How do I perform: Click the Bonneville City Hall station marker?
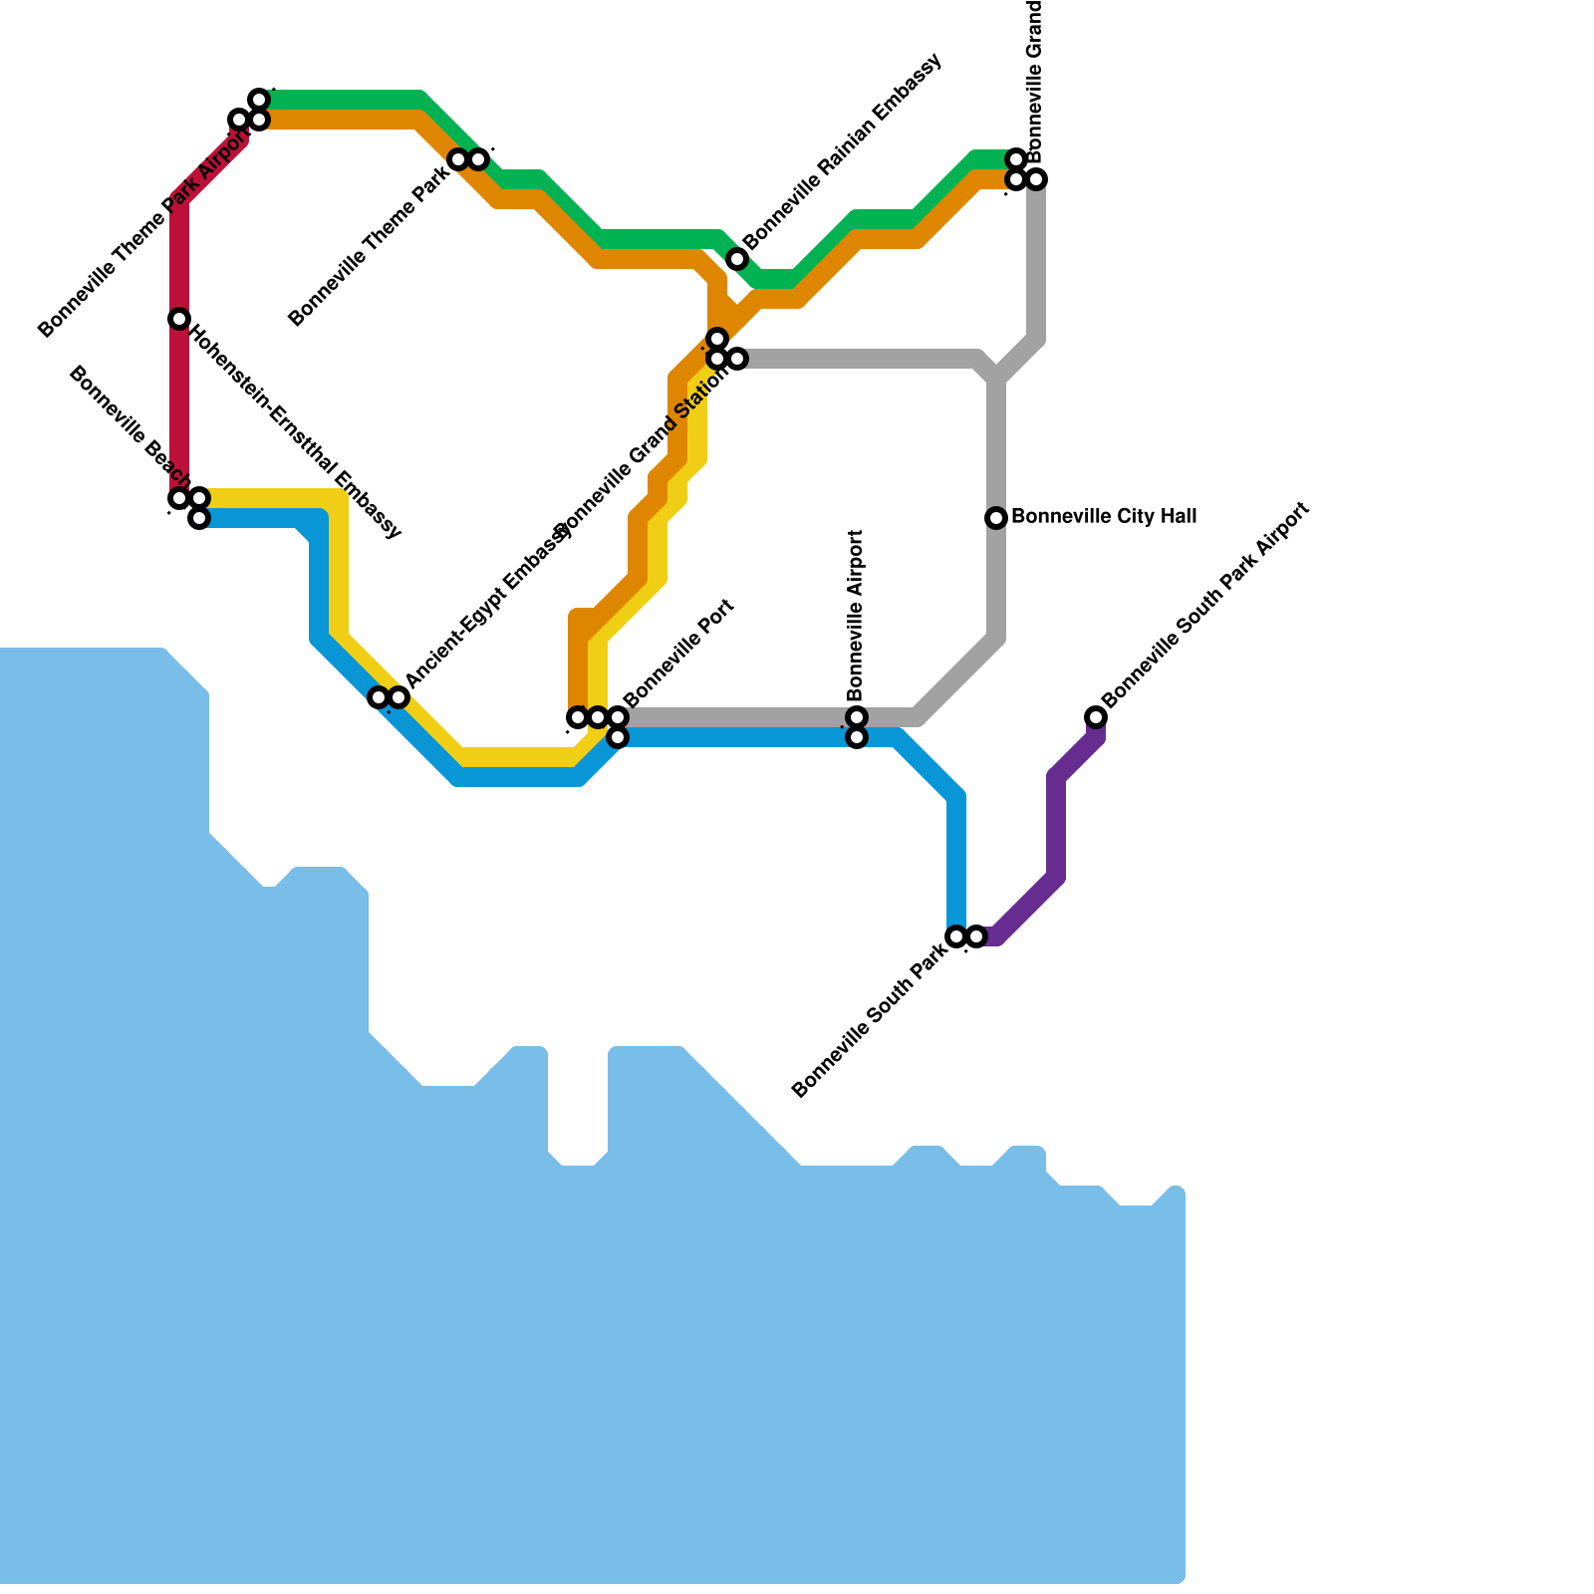click(x=996, y=518)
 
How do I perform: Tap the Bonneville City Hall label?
click(x=1103, y=517)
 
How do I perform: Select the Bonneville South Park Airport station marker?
click(x=1096, y=717)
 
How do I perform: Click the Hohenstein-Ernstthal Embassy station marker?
click(x=179, y=319)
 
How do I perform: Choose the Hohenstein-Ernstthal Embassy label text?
click(x=295, y=431)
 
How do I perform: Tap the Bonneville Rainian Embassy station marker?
click(x=737, y=259)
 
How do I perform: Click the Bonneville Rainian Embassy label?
click(x=842, y=152)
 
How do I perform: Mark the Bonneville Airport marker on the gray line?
click(x=857, y=717)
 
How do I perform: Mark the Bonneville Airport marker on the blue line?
click(x=857, y=738)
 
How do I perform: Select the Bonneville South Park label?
click(x=869, y=1023)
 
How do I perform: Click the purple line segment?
click(x=1056, y=827)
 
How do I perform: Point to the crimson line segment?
click(x=179, y=398)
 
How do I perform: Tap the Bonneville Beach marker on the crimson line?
click(x=179, y=498)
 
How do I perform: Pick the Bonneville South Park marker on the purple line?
click(x=976, y=936)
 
